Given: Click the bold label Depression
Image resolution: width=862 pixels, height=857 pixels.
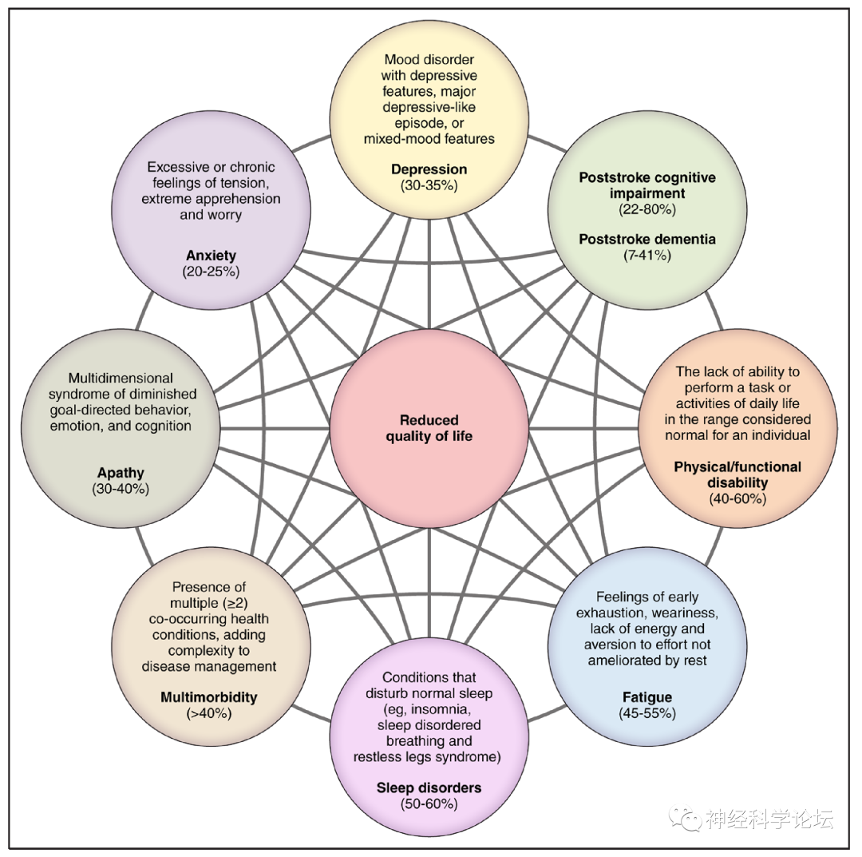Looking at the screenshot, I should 429,169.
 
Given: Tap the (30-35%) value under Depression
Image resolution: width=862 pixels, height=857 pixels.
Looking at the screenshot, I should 429,185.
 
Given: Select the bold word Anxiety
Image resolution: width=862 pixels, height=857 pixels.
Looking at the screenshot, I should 211,256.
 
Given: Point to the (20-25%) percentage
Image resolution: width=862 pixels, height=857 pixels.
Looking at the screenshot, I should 211,272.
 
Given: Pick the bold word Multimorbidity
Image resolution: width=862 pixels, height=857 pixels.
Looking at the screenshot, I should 209,697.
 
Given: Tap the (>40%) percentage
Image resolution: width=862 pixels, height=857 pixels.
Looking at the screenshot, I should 209,713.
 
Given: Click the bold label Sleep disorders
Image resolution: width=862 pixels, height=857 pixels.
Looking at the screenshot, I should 429,788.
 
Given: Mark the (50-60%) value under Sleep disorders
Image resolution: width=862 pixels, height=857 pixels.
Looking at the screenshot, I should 429,803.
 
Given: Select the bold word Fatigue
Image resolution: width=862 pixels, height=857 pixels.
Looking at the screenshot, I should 646,697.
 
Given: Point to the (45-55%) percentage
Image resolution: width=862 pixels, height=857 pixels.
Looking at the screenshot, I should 646,713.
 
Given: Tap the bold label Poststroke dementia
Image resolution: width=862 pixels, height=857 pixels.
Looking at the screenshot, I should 646,240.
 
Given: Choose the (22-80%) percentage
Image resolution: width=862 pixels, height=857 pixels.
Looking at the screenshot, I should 646,209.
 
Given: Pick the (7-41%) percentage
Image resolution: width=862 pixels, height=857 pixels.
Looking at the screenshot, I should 646,256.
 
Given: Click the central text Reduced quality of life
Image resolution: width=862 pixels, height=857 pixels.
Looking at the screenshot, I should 429,428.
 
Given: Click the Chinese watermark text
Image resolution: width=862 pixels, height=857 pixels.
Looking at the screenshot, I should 768,819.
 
